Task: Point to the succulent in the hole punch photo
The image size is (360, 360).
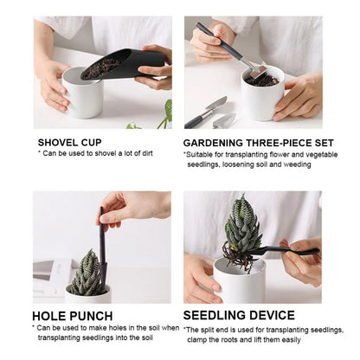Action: tap(87, 274)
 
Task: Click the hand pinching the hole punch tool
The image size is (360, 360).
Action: tap(130, 208)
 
